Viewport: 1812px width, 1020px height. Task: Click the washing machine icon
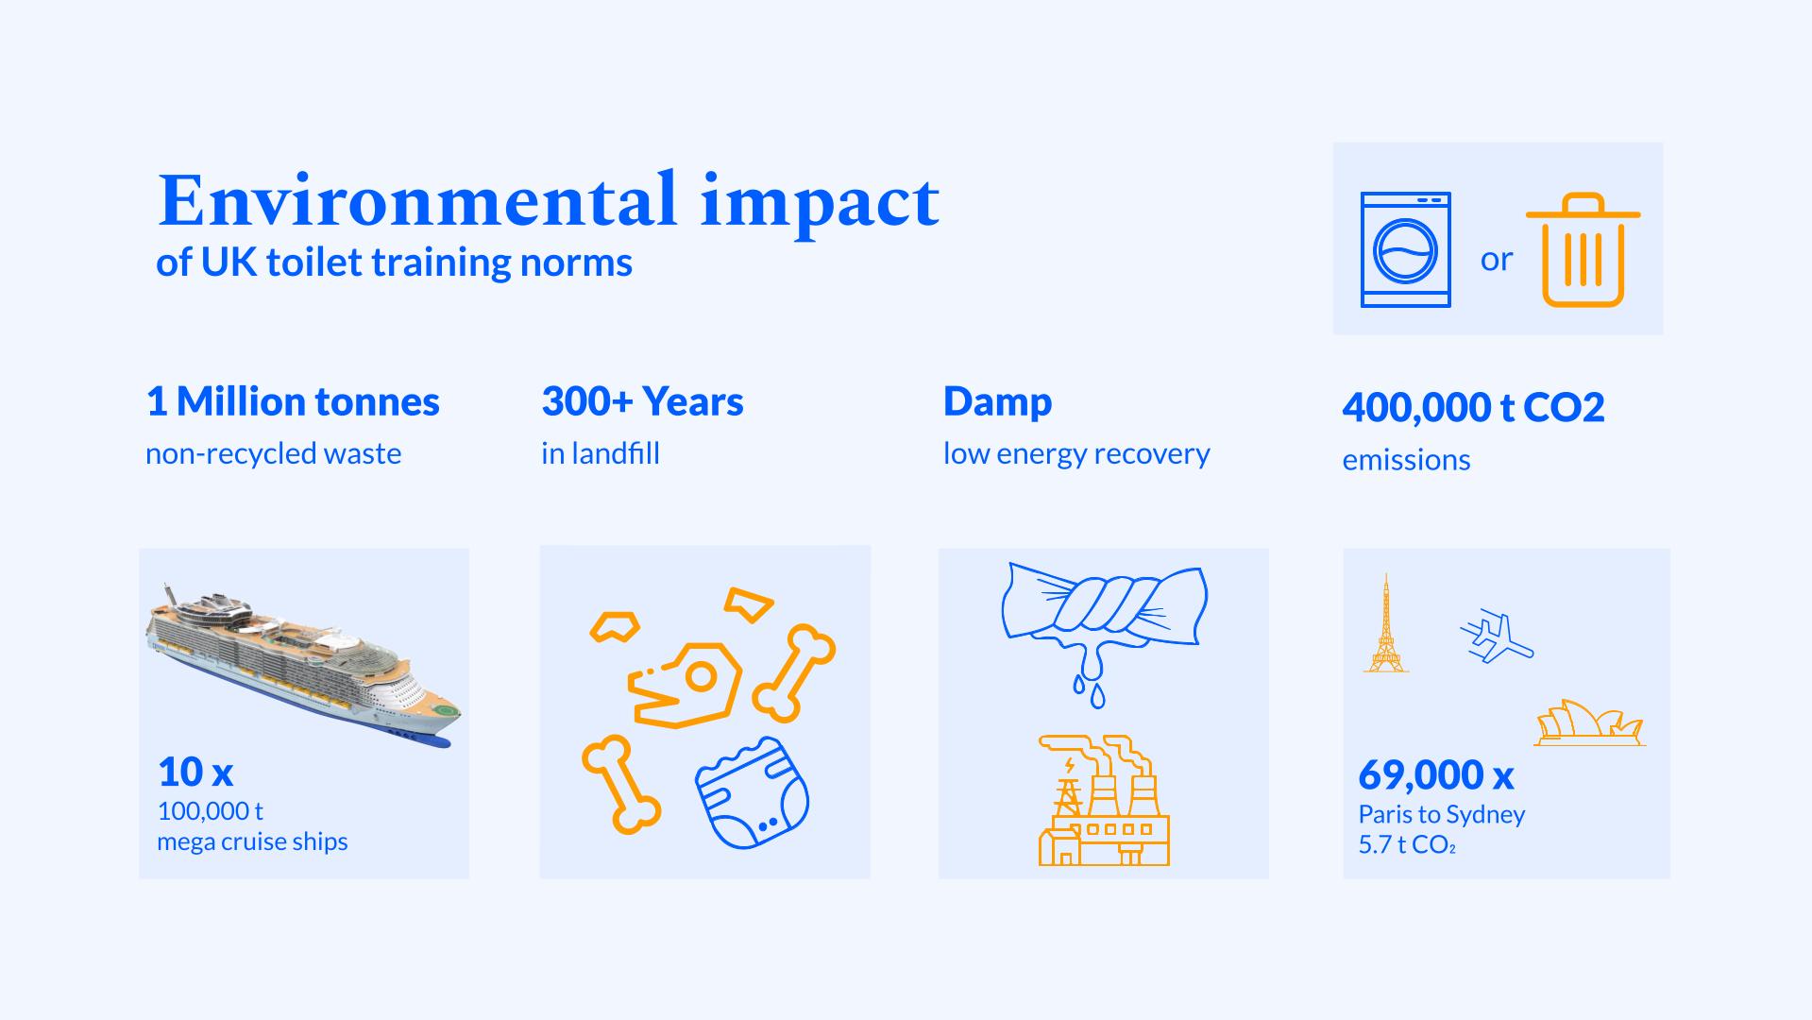1405,249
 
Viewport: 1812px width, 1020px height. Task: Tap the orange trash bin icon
1583,250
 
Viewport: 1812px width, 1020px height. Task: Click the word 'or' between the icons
1497,258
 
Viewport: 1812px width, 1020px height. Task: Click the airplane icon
1497,638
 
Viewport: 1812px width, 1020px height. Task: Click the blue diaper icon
753,793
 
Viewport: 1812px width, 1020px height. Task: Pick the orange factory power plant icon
1104,801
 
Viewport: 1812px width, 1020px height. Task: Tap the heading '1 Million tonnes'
293,402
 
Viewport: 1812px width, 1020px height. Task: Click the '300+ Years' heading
642,402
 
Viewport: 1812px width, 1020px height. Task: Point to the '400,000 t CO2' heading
1473,408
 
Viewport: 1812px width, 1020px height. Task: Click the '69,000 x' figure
1436,775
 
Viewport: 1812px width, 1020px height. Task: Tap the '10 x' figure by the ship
195,773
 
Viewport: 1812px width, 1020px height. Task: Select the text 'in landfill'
601,454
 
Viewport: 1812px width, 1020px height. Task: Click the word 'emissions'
1406,461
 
